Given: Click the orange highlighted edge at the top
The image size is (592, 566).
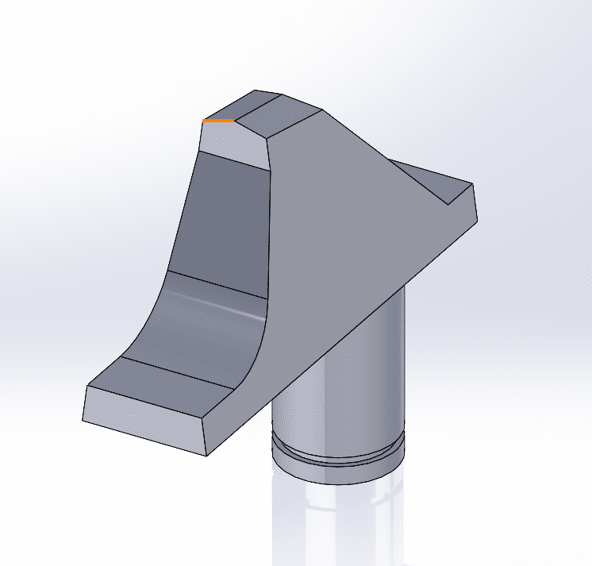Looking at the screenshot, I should tap(219, 121).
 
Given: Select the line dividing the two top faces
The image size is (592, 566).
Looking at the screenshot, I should tap(259, 111).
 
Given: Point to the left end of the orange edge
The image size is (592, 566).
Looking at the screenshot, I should tap(204, 121).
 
